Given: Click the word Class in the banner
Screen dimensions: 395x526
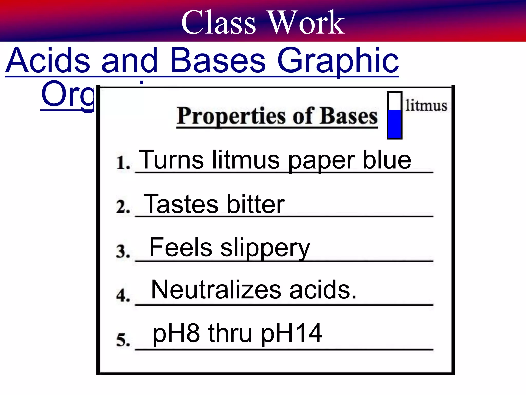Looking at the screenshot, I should click(x=218, y=23).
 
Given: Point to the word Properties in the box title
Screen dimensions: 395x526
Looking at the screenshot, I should click(x=231, y=116).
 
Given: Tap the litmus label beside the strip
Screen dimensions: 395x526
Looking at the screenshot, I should click(x=426, y=106).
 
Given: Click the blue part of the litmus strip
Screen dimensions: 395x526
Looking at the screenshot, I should click(x=394, y=124).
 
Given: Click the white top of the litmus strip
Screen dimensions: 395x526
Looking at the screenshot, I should click(x=394, y=101).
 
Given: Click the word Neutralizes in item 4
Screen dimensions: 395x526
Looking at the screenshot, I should click(x=216, y=290).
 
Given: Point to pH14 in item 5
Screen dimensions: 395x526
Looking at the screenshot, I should click(x=291, y=334).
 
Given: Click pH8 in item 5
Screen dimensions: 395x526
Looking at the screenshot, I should click(x=176, y=334).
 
